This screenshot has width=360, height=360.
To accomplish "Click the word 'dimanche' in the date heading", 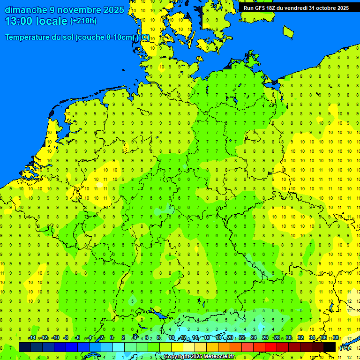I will click(26, 10).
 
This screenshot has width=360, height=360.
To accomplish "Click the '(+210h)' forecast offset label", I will click(83, 21).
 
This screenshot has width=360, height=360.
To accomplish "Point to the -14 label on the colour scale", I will click(32, 338).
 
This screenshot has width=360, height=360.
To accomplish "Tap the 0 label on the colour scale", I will click(112, 338).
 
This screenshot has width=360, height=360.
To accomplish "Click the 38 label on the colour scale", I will click(336, 338).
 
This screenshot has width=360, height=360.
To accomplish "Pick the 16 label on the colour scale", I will click(207, 338).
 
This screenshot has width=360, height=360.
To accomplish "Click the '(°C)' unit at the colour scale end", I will click(345, 348).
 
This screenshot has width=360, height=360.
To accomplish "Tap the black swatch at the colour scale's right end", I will click(330, 347).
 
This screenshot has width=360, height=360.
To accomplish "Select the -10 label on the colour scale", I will click(55, 338).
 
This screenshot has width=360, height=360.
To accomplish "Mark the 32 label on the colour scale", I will click(300, 338).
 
